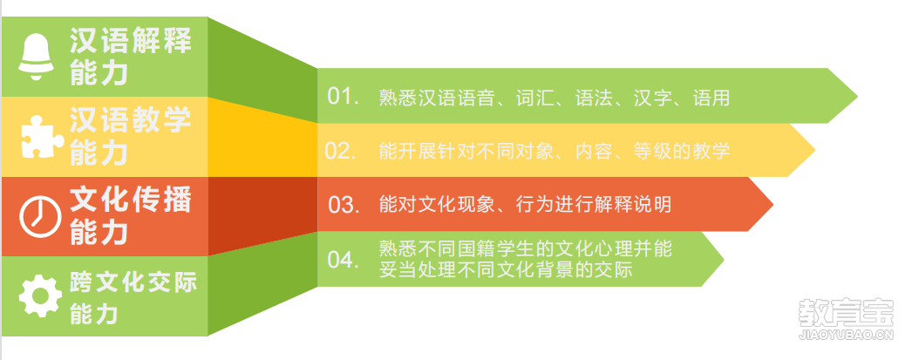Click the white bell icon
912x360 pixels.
point(36,57)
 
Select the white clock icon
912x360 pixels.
point(40,216)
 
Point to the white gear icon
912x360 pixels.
point(41,296)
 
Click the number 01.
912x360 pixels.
point(344,96)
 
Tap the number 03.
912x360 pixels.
point(344,205)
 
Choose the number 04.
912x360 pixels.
point(344,260)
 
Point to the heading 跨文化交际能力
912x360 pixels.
point(133,298)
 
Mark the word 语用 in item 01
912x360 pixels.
point(711,97)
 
